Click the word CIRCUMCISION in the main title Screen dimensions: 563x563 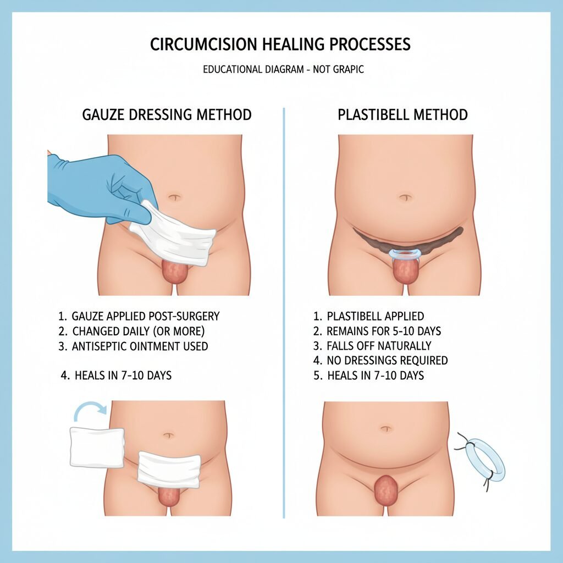coord(203,44)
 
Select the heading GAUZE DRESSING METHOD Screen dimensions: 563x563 coord(167,114)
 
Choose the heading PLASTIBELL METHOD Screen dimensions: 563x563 coord(402,114)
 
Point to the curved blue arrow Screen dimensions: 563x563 coord(90,409)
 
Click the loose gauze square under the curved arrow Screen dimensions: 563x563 coord(97,447)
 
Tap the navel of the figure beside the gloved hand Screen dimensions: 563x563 coord(174,197)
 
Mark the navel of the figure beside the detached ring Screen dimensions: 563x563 coord(386,429)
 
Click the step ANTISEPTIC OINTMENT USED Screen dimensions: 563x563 coord(133,346)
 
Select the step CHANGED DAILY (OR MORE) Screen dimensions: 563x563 coord(131,331)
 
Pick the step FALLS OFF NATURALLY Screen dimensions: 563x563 coord(372,346)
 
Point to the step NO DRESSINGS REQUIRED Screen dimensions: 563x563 coord(380,361)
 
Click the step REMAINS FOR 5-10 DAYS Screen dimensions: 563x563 coord(377,331)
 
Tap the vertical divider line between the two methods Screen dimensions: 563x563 coord(284,313)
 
